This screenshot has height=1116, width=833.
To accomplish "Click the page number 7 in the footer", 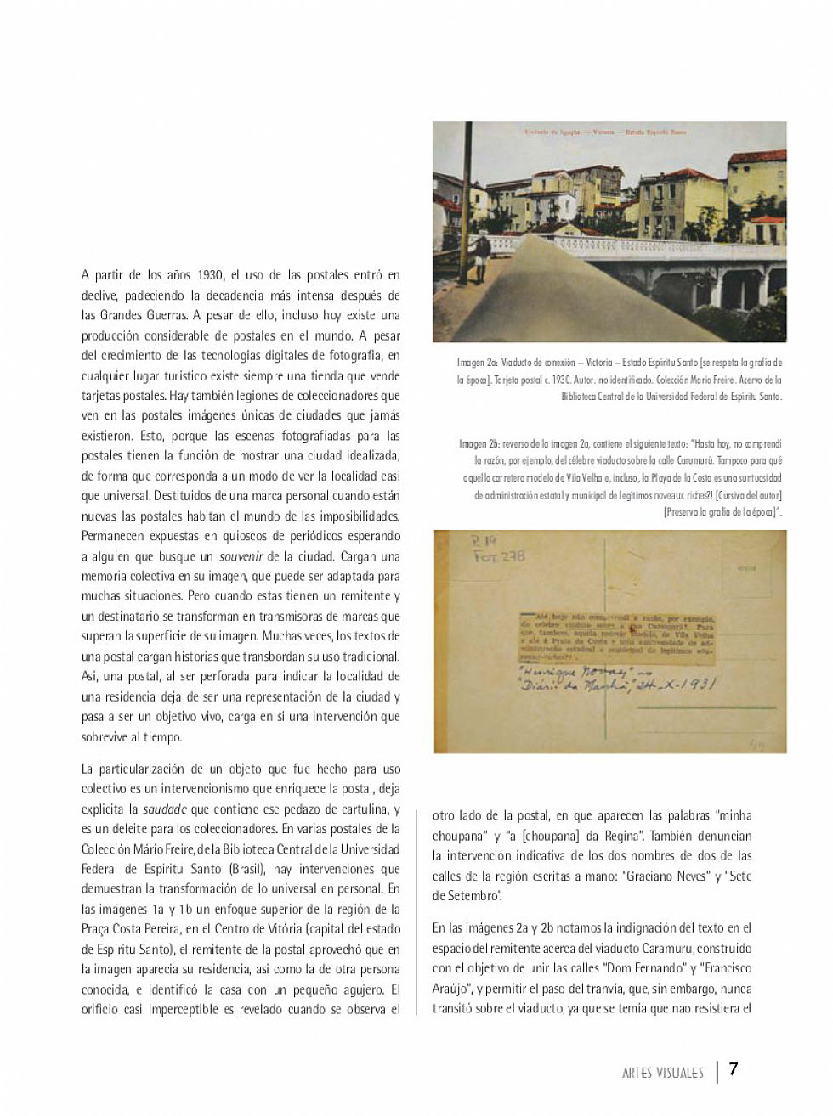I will (x=734, y=1068).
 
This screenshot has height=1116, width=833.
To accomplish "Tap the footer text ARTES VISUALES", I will (x=663, y=1073).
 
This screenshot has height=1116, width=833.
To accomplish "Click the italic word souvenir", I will (x=240, y=557).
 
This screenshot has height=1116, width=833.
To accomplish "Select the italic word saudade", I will (x=164, y=809).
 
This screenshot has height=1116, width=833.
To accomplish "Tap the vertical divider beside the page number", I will (x=718, y=1070).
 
